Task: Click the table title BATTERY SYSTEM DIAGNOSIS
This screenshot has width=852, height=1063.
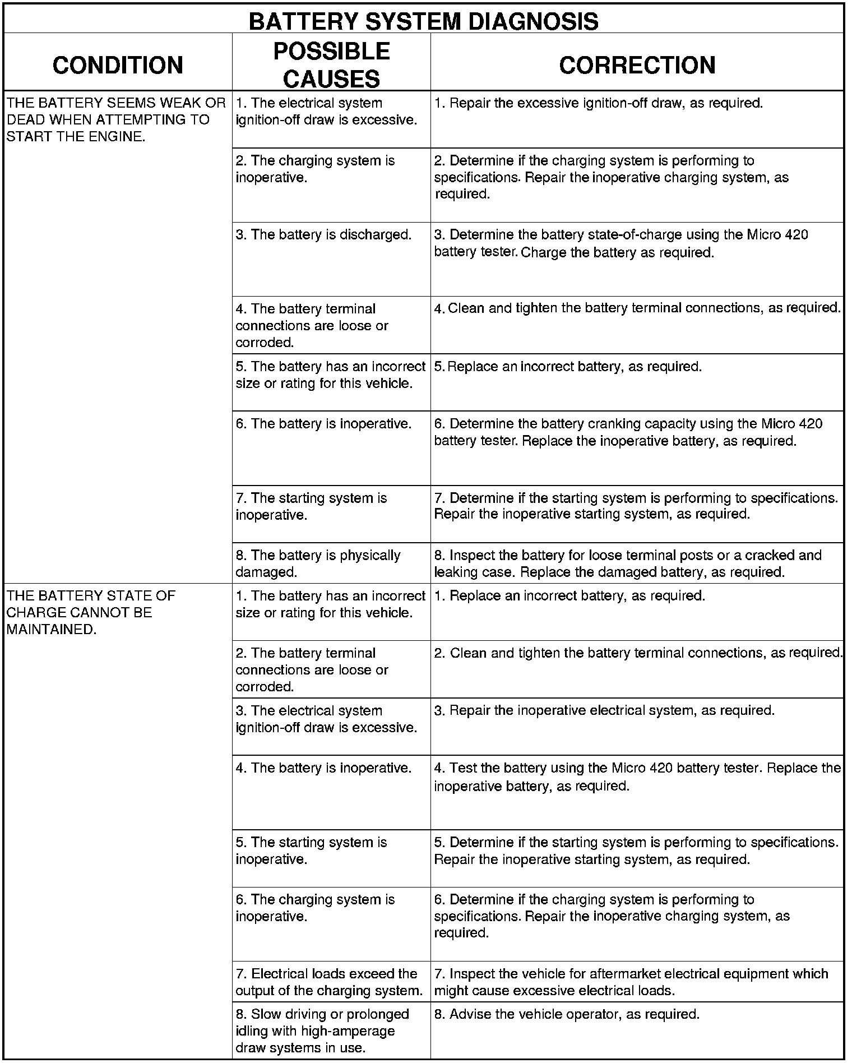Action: tap(423, 21)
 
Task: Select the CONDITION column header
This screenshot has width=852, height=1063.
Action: tap(118, 64)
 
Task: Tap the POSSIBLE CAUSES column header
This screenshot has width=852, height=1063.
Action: tap(331, 64)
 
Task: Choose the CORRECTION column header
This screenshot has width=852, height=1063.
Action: tap(637, 64)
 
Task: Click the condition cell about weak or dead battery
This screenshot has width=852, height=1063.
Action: tap(116, 119)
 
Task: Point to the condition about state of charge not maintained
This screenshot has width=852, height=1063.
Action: tap(91, 612)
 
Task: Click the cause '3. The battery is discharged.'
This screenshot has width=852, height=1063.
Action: tap(323, 234)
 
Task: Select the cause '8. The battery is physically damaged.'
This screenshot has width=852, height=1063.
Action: tap(318, 563)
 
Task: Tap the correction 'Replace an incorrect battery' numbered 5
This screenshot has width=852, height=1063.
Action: tap(568, 367)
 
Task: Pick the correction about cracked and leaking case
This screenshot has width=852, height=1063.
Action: tap(628, 563)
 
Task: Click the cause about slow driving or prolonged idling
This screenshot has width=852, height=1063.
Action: tap(322, 1030)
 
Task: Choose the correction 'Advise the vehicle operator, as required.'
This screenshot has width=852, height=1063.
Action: tap(567, 1014)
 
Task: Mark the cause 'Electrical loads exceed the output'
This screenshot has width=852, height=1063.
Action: tap(329, 982)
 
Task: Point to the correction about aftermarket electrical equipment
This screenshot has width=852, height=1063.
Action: tap(631, 982)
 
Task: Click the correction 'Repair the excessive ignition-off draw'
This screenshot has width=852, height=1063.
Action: tap(599, 103)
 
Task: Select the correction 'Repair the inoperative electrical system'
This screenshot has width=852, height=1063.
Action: tap(604, 710)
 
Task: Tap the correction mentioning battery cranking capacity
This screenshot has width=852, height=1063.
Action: tap(628, 432)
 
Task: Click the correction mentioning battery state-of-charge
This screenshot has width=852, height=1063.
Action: tap(621, 243)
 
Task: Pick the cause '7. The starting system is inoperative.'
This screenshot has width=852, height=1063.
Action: tap(311, 506)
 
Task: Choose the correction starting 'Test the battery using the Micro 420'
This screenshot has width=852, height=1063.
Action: tap(637, 777)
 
